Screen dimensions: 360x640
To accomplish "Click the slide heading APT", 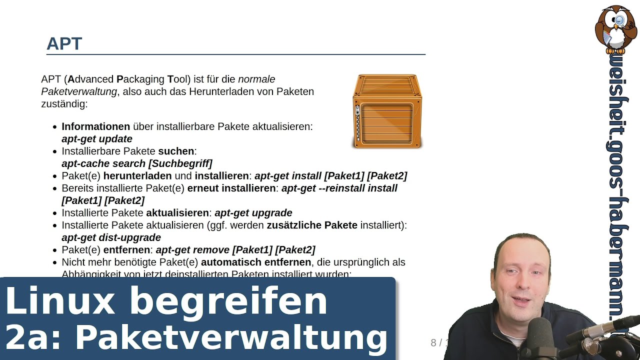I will (x=64, y=44).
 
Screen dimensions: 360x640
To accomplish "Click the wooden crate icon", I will (x=387, y=111).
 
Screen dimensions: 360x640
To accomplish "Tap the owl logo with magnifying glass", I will (x=616, y=29).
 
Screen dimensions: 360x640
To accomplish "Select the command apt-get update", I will (x=97, y=139).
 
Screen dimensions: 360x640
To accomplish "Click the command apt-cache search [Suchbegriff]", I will (x=137, y=163).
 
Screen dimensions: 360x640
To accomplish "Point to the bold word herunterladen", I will (x=137, y=176).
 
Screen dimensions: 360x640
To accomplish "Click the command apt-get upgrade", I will (x=253, y=213).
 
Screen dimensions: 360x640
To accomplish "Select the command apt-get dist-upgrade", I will (x=111, y=237).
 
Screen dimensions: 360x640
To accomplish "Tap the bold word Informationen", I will (x=95, y=127).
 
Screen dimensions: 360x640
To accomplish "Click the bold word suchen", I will (x=176, y=151).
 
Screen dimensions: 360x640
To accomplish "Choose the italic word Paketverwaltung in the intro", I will (x=79, y=91).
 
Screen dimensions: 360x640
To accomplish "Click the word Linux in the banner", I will (x=60, y=301).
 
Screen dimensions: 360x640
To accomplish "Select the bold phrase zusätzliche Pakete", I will (x=312, y=225).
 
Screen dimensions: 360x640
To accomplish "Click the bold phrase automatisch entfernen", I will (x=256, y=262).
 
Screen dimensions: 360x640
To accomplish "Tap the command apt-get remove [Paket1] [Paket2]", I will (x=235, y=250).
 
